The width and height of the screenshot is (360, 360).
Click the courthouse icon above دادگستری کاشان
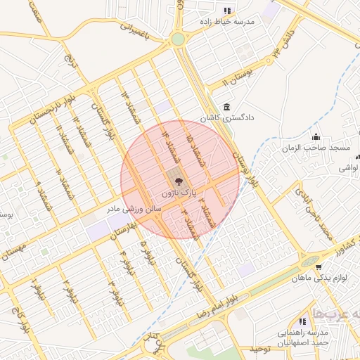(x=226, y=108)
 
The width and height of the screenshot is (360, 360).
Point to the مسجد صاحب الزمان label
(x=316, y=148)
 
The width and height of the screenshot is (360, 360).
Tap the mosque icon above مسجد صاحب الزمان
(x=316, y=137)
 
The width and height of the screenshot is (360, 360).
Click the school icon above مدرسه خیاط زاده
(x=226, y=11)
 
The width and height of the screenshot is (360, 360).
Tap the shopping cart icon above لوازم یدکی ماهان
(x=319, y=267)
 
